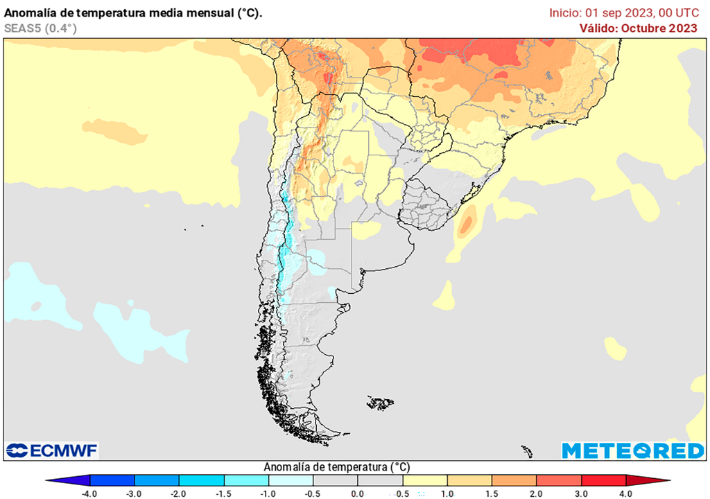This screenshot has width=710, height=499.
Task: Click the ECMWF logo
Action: tap(52, 450)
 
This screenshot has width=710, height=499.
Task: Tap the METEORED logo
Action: tap(632, 450)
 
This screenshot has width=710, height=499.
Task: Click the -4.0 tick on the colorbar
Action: tap(89, 493)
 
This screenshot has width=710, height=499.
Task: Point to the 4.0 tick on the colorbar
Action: tap(626, 493)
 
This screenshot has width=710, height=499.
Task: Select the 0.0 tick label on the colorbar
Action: tap(357, 493)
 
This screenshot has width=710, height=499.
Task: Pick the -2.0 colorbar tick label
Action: tap(179, 493)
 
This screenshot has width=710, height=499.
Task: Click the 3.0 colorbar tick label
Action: tap(581, 493)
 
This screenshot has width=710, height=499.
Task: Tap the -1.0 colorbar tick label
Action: tap(268, 493)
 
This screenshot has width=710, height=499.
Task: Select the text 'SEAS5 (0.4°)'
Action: tap(40, 28)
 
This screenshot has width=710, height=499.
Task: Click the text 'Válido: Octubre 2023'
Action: tap(639, 28)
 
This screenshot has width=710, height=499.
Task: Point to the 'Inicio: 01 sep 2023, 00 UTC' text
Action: tap(623, 13)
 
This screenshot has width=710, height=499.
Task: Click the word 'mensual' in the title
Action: tap(206, 13)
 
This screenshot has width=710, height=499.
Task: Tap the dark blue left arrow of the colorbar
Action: tap(68, 480)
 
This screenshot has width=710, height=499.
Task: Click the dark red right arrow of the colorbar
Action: tap(649, 480)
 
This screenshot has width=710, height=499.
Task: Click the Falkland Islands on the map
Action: tap(381, 402)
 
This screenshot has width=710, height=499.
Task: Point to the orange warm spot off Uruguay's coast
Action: tap(467, 224)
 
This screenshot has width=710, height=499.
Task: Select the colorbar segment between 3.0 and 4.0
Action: tap(603, 480)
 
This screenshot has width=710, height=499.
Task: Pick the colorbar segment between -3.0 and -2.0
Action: tap(156, 480)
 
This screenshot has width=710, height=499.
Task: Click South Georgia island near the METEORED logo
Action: tap(527, 451)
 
